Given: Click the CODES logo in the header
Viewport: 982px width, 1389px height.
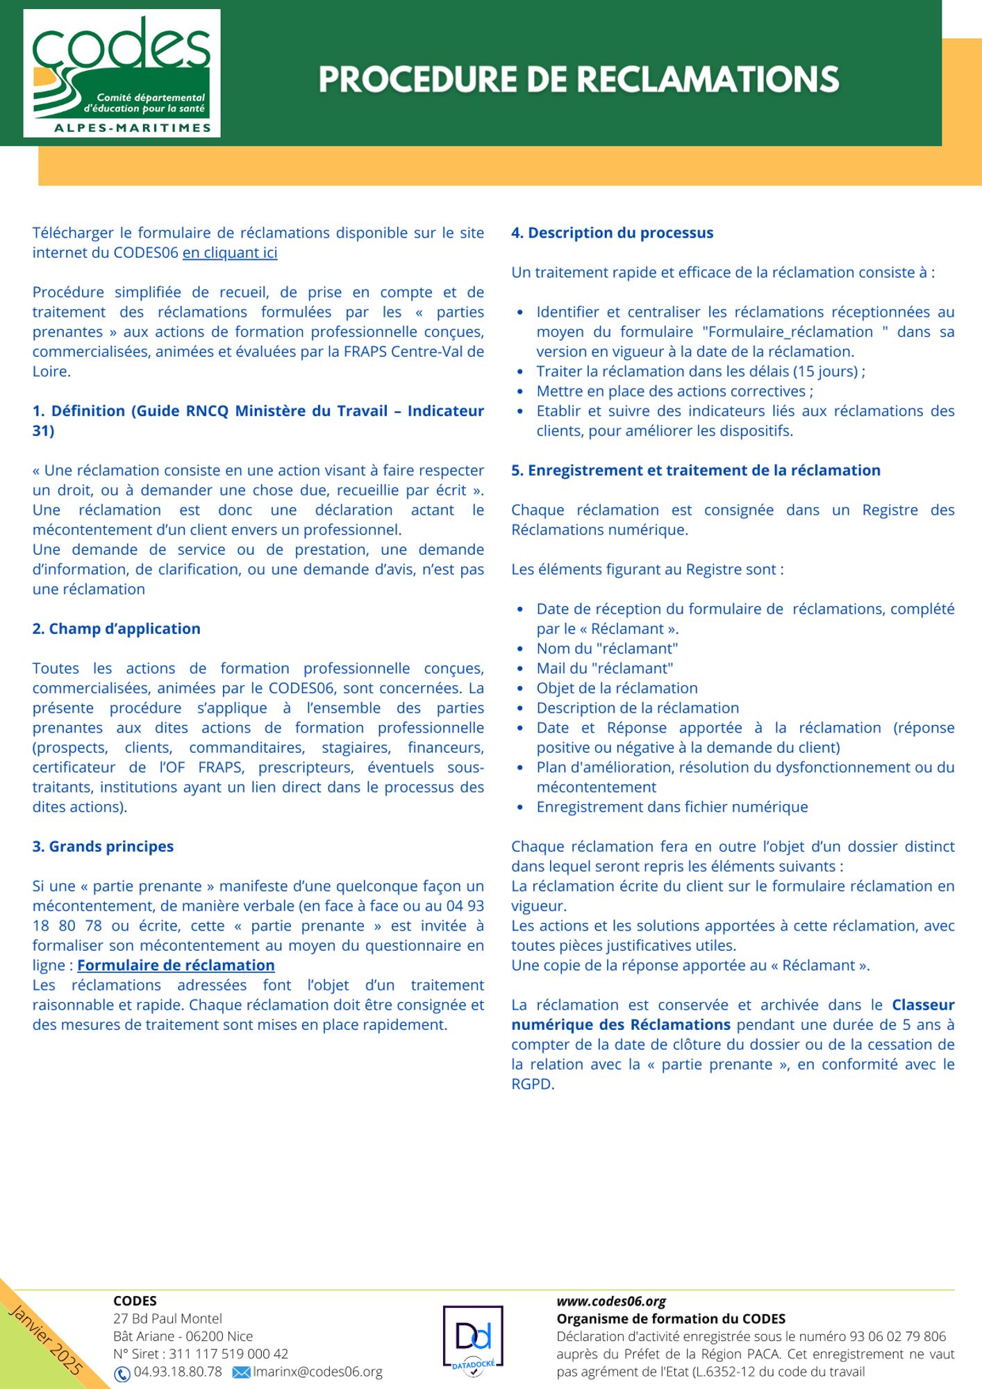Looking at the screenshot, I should (122, 73).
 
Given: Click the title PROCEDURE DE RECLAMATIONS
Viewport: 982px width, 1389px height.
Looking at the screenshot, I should (579, 79).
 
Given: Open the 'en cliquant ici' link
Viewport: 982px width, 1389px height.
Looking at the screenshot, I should (230, 253).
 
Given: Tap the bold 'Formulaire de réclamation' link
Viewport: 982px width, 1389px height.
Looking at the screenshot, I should (176, 965).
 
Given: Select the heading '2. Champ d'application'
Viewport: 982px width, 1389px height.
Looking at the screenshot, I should (116, 629).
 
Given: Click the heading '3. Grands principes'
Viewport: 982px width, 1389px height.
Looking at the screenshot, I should (103, 847).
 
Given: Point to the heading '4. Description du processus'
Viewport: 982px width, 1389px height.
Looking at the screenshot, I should (612, 233).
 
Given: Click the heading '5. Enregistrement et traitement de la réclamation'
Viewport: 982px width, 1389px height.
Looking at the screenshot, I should (695, 470).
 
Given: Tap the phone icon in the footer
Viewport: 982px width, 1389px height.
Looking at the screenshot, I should (122, 1373).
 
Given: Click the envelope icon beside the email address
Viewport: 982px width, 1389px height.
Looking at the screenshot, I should (241, 1372).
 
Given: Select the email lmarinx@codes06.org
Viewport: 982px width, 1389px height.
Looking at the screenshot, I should (317, 1372).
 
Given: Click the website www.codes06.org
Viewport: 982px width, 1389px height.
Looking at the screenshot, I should (611, 1301).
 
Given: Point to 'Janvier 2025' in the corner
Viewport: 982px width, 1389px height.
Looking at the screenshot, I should (45, 1340).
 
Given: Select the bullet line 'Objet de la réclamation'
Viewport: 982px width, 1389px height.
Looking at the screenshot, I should (617, 688).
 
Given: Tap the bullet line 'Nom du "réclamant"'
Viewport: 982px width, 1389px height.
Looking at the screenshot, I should (607, 649).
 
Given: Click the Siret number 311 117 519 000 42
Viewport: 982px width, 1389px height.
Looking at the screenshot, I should (228, 1354).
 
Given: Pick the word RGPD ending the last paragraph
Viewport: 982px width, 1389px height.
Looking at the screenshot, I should (533, 1084).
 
